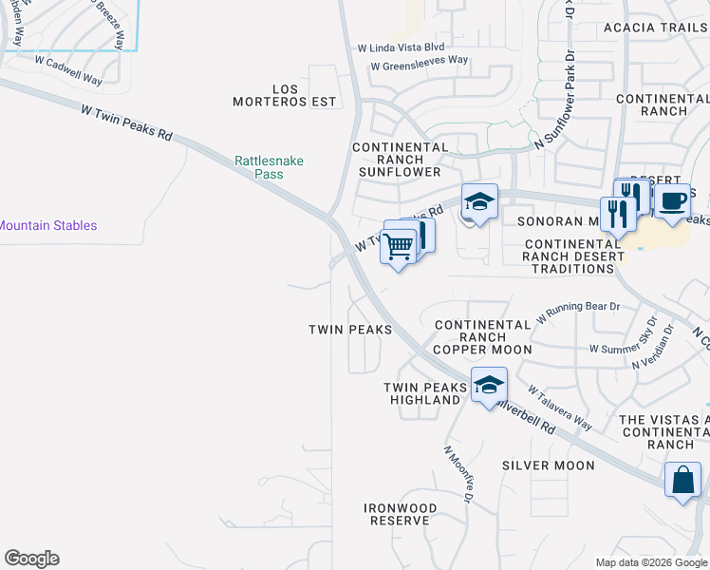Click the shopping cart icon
pos(399,246)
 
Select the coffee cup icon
pos(672,201)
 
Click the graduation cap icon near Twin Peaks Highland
pos(489,385)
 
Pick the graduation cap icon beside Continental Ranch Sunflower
pos(479,201)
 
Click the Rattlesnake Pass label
pos(270,167)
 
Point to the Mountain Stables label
pos(47,226)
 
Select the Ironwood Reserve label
pos(402,514)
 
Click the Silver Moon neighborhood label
pos(549,465)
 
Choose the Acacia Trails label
pos(656,28)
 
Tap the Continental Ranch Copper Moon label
pos(483,337)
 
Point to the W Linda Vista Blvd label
pos(401,47)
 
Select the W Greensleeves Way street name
pos(420,63)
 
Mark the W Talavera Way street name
pos(560,408)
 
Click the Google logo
pos(31,559)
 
